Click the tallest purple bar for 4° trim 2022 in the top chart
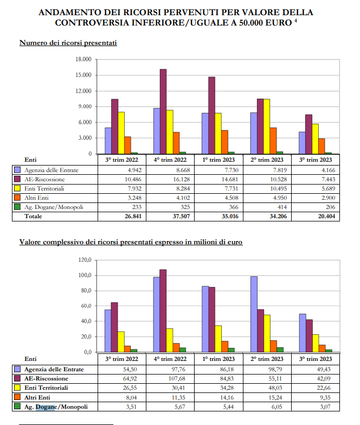tap(163, 111)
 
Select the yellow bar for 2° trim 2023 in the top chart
tap(267, 126)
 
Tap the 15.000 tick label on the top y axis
tap(83, 75)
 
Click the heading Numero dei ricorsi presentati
tap(68, 43)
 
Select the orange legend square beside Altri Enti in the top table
tap(17, 198)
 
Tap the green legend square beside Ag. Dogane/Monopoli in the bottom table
tap(17, 406)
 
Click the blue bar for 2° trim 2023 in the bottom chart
tap(254, 314)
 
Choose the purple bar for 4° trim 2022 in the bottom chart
tap(163, 310)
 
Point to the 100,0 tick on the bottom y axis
tap(85, 275)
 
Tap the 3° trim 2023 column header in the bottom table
tap(316, 359)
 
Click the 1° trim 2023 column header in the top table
tap(218, 160)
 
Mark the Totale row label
tap(33, 216)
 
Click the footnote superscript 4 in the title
tap(295, 20)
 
